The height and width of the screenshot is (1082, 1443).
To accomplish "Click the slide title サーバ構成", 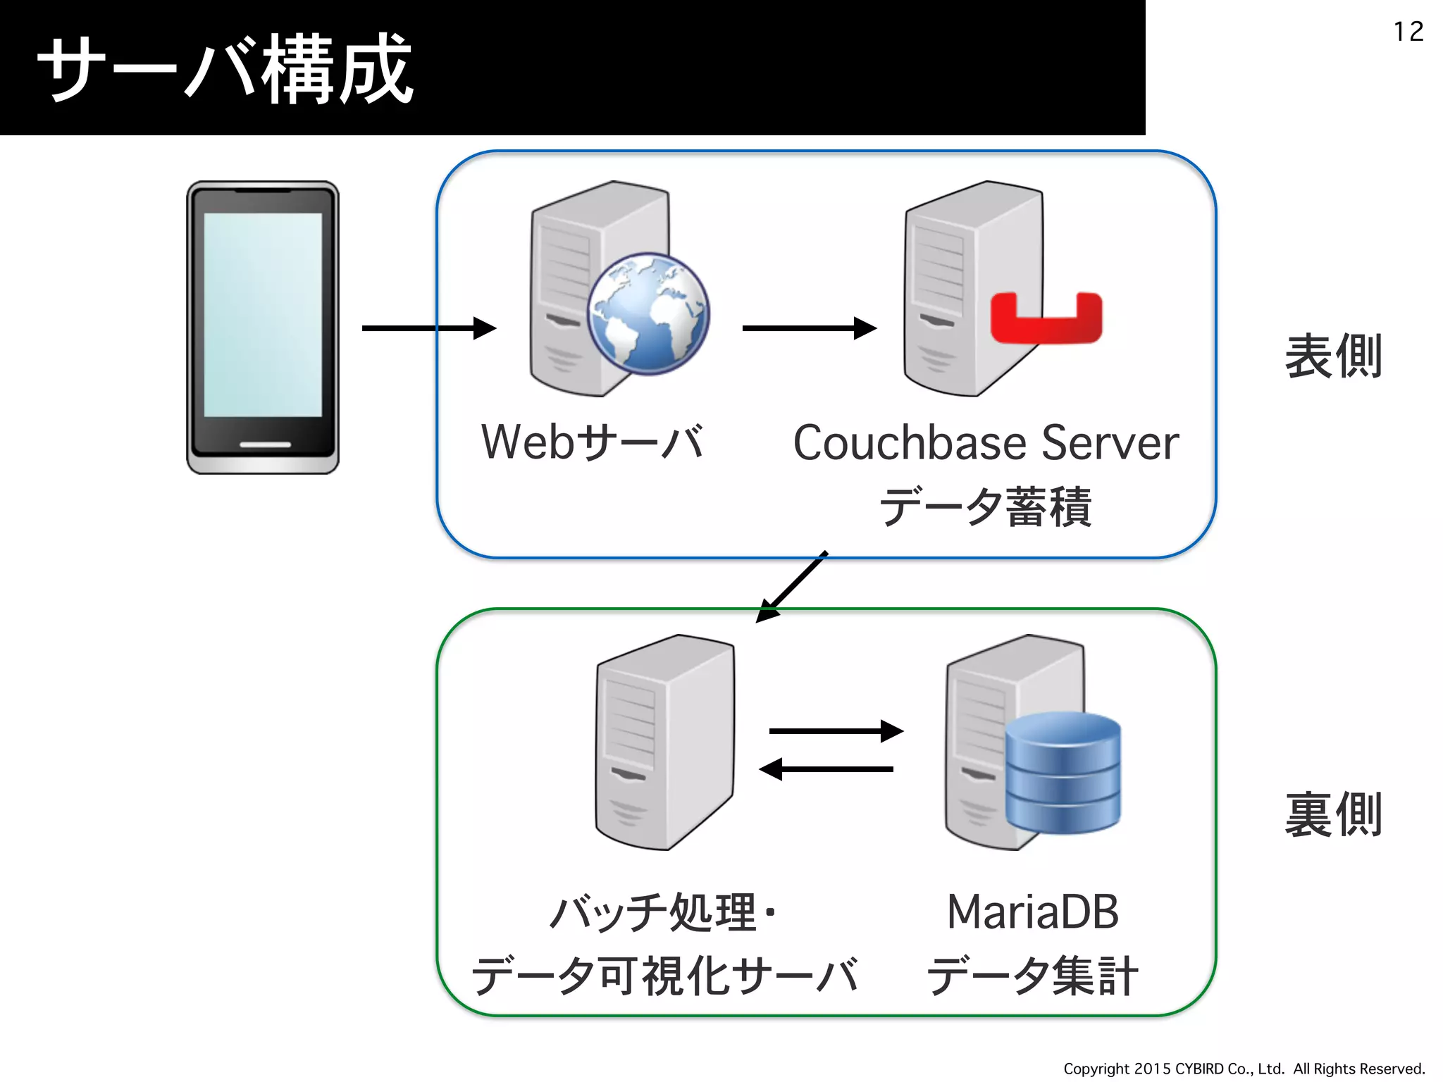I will pos(224,69).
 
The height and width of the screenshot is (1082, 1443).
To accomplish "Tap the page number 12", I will pos(1408,32).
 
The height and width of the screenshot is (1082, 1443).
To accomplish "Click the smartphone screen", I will pos(263,315).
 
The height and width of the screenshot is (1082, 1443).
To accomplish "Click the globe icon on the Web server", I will pos(648,314).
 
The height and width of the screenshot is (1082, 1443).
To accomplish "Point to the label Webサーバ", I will pos(592,442).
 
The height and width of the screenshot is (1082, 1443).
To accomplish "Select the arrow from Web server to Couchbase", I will pos(809,328).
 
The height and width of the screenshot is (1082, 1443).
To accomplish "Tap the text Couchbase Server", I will pos(986,443).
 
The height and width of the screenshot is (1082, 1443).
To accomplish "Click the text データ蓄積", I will pos(986,506).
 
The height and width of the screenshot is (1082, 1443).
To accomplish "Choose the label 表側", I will pos(1332,356).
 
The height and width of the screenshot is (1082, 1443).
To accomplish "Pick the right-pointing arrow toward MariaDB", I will pos(836,731).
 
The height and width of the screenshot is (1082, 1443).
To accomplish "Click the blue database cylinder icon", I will pos(1063,773).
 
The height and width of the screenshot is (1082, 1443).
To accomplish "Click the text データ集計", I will pos(1032,976).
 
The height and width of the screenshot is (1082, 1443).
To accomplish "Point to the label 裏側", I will pos(1332,815).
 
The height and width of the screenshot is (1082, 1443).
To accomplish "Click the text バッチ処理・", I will pos(662,912).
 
